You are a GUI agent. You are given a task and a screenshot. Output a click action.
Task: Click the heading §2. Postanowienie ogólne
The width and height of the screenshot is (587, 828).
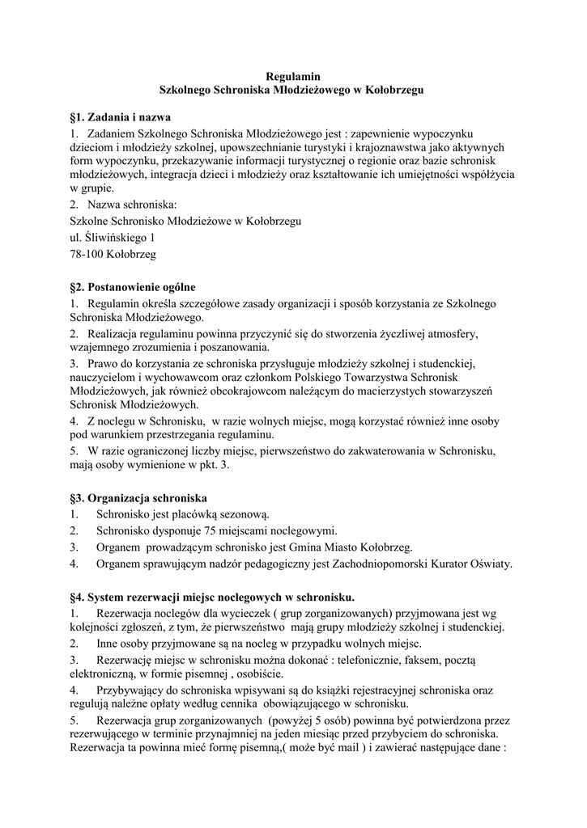pyautogui.click(x=133, y=287)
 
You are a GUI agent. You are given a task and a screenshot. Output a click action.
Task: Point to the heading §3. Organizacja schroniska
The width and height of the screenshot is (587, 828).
pyautogui.click(x=139, y=497)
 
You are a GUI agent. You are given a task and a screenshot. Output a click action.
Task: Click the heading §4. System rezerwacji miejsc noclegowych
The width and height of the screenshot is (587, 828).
pyautogui.click(x=212, y=598)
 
